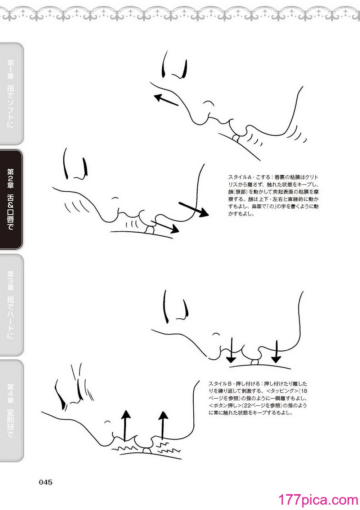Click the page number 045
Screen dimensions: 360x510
(46, 482)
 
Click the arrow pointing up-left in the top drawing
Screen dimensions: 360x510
(166, 100)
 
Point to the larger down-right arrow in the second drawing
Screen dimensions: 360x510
(194, 209)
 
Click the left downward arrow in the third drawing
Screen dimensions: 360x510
(232, 350)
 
